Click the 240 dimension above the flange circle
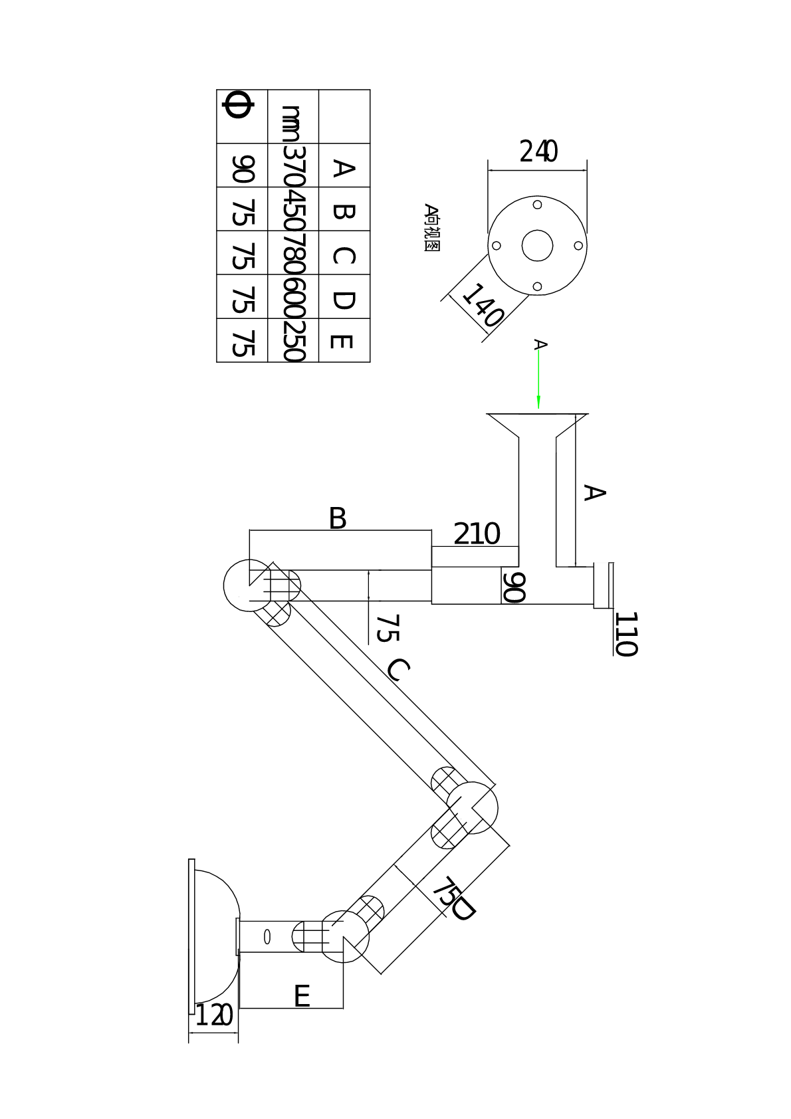click(538, 152)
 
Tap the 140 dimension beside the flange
click(482, 305)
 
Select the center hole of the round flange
click(537, 245)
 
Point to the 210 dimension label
click(477, 534)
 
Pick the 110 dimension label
click(626, 634)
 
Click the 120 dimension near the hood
click(214, 1015)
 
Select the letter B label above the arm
click(338, 518)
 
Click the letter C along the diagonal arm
click(398, 670)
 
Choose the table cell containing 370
click(293, 165)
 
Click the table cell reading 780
click(293, 253)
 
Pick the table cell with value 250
click(293, 340)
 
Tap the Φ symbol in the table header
click(237, 105)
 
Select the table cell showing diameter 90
click(243, 165)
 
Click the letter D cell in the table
click(344, 296)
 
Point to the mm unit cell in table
click(293, 117)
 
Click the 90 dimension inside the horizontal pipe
click(514, 587)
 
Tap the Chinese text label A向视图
click(431, 227)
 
